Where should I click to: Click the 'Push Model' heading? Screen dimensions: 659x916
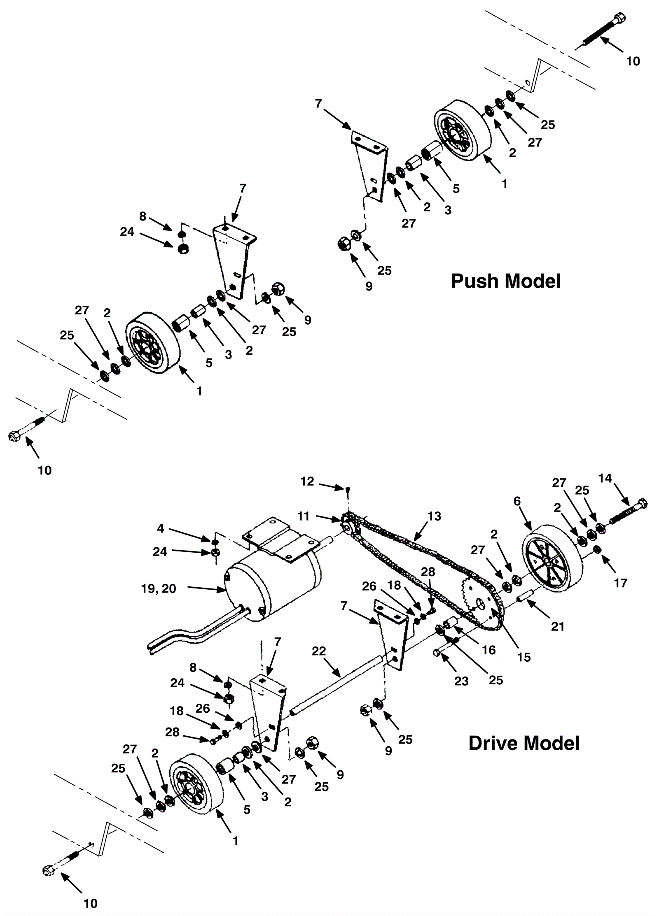506,281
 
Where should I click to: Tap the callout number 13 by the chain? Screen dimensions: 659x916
434,516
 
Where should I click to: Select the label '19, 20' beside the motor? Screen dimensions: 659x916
158,589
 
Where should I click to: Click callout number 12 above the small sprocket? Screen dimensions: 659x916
307,481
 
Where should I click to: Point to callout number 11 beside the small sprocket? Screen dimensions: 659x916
304,516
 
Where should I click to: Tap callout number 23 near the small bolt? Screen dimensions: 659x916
462,681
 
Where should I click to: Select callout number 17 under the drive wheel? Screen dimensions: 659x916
620,583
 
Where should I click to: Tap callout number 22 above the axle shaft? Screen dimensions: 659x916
319,651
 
